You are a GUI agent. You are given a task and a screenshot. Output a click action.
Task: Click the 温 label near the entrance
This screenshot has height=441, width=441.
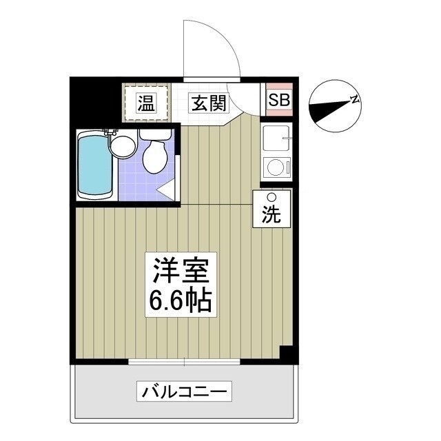pyautogui.click(x=145, y=103)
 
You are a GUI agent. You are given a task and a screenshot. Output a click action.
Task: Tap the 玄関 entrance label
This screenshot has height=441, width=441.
pyautogui.click(x=208, y=103)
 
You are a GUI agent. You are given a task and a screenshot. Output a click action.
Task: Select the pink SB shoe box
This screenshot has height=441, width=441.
pyautogui.click(x=280, y=99)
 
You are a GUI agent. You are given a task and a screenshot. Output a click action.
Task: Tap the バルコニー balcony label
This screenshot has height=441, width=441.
pyautogui.click(x=184, y=392)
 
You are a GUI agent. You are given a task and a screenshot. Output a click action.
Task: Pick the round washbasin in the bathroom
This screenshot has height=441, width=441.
pyautogui.click(x=123, y=145)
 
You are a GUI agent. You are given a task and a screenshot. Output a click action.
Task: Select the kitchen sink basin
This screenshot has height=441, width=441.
pyautogui.click(x=276, y=140)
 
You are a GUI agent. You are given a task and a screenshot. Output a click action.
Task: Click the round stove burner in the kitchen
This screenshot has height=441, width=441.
pyautogui.click(x=276, y=168)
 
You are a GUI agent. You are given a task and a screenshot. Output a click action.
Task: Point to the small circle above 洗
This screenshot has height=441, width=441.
pyautogui.click(x=271, y=197)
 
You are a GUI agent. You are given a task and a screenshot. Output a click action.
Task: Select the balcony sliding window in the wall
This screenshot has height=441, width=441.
pyautogui.click(x=185, y=361)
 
